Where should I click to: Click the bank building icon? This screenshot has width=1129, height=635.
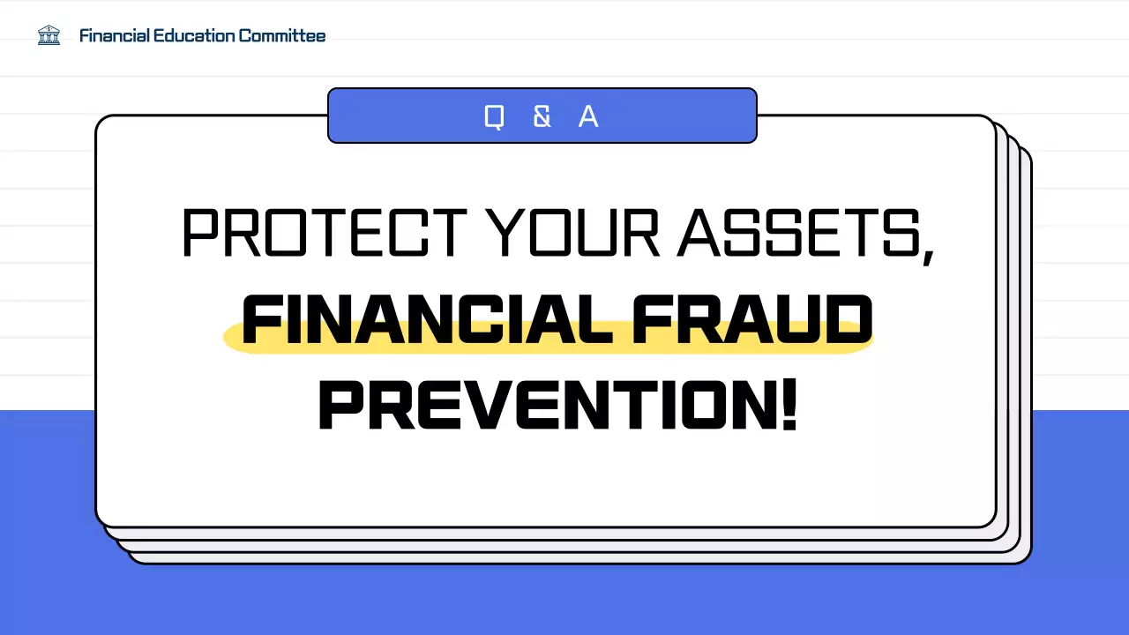tap(49, 35)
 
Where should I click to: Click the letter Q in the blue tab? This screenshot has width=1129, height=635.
tap(494, 116)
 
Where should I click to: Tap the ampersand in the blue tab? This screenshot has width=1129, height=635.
tap(542, 116)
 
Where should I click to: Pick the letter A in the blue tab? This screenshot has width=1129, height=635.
tap(588, 116)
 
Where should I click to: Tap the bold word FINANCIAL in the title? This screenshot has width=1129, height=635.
tap(428, 320)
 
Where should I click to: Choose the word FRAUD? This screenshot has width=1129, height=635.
tap(752, 320)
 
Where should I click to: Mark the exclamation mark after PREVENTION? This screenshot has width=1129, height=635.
tap(789, 406)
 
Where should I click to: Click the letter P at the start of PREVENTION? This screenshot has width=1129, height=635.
tap(339, 406)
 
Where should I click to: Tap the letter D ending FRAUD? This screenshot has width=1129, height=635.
tap(849, 320)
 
